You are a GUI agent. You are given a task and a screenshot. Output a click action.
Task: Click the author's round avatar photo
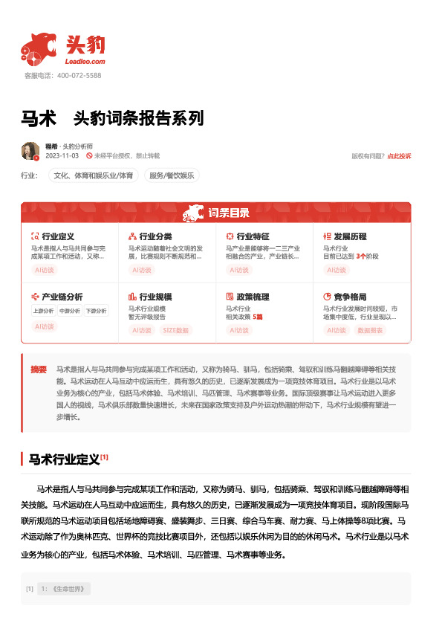30,151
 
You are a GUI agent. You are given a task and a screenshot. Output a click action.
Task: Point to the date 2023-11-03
62,156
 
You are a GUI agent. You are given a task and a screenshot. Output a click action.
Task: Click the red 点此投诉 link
399,156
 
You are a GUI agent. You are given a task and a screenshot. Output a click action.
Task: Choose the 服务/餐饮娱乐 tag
172,176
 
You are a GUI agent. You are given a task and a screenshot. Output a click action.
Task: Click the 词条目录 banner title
228,213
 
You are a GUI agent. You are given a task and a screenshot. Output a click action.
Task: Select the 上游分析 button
44,311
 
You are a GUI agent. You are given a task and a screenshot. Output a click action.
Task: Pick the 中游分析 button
69,311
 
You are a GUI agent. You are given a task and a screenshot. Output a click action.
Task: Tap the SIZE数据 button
175,330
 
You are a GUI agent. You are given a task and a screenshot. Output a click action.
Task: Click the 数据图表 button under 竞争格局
371,330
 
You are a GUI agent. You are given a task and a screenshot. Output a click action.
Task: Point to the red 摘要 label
39,369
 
